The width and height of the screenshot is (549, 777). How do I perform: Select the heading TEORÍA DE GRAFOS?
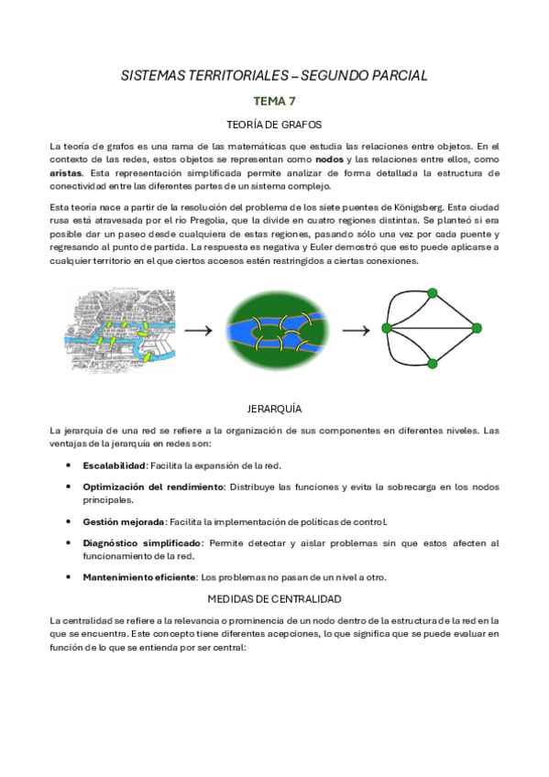click(x=274, y=125)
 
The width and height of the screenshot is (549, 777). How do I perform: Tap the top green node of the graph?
click(x=432, y=292)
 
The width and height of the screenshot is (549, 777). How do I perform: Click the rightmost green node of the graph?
click(x=476, y=328)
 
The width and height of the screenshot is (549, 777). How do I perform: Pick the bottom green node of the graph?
click(x=432, y=365)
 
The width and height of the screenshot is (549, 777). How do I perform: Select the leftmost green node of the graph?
click(x=387, y=328)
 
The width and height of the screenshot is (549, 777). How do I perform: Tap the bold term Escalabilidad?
click(x=115, y=465)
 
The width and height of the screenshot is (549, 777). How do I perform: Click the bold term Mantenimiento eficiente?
click(x=139, y=577)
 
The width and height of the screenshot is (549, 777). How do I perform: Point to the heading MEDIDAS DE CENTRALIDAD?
click(x=274, y=599)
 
